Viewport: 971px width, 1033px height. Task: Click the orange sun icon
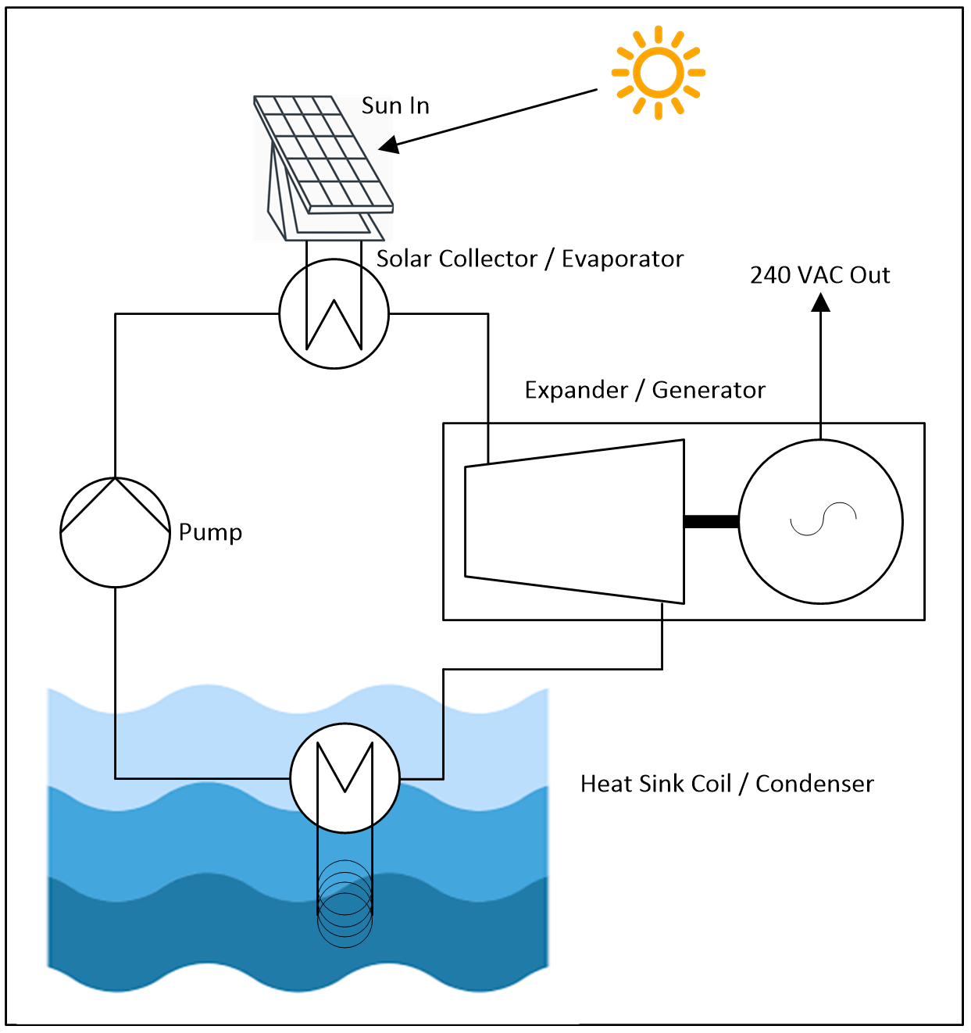coord(659,73)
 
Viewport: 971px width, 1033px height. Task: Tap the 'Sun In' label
coord(395,105)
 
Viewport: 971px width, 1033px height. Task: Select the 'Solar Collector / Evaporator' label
coord(530,259)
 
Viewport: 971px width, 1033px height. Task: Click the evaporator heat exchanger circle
coord(334,314)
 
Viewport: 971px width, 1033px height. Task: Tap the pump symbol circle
coord(115,532)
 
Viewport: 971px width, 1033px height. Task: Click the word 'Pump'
coord(210,532)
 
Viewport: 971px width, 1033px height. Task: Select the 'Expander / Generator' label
coord(644,390)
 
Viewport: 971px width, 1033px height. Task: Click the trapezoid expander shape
coord(575,521)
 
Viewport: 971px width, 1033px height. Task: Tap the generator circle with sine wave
coord(821,521)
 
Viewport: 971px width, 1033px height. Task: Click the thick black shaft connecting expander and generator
coord(712,521)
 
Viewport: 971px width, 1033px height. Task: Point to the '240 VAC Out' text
coord(819,275)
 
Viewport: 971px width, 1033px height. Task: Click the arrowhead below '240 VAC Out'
coord(820,302)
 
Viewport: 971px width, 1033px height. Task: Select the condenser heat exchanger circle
coord(344,777)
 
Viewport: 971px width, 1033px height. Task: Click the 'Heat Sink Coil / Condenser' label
coord(726,784)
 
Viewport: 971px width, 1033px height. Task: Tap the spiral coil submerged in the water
coord(344,903)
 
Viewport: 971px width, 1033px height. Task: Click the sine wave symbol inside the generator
coord(823,519)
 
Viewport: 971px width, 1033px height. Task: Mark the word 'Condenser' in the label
coord(814,784)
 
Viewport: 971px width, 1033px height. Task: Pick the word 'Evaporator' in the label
coord(623,259)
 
